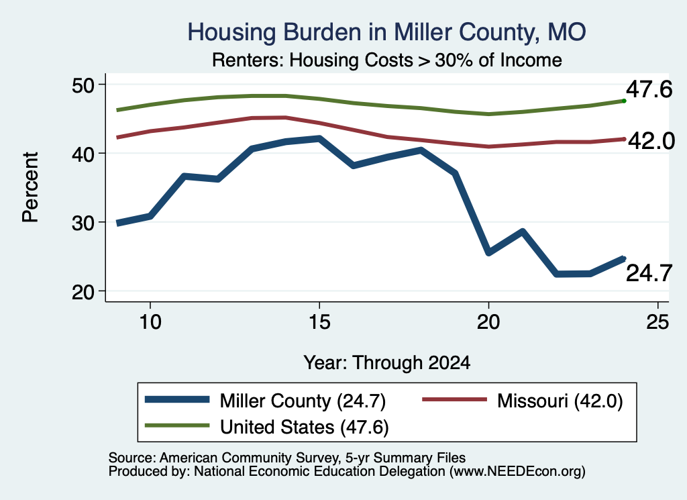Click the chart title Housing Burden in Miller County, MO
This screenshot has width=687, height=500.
[386, 32]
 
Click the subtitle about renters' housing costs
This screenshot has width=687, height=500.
[387, 60]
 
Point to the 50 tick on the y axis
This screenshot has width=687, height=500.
[83, 85]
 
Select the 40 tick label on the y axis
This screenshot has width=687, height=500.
[83, 154]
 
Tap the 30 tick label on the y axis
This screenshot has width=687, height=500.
[83, 223]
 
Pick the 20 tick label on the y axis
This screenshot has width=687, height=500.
[83, 292]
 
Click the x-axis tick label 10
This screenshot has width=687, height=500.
[150, 322]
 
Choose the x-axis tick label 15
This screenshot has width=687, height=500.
[319, 322]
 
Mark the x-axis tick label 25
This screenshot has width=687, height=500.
[657, 322]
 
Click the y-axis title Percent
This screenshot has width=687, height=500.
[30, 187]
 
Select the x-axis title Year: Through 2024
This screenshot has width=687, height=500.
[387, 362]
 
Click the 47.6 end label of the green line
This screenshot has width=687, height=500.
[649, 89]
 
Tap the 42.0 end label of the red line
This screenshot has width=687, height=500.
[651, 141]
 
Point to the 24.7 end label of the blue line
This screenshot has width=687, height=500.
[649, 273]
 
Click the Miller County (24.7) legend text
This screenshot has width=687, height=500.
[303, 401]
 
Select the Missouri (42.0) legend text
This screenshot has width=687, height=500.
[560, 401]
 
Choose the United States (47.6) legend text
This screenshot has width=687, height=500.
[305, 427]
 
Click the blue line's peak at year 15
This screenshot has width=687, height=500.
[319, 139]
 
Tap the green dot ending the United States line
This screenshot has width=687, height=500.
[624, 101]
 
